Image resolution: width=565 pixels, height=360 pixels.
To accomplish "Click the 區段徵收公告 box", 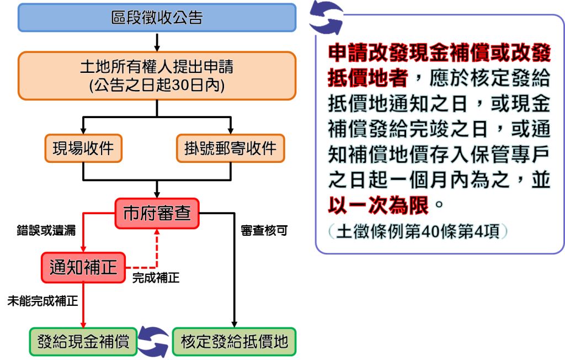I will [x=157, y=18].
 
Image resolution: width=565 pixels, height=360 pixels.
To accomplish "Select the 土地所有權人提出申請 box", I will [x=157, y=76].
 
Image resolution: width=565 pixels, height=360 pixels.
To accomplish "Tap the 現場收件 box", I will [x=83, y=148].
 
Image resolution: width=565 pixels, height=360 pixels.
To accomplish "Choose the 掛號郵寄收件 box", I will [x=231, y=148].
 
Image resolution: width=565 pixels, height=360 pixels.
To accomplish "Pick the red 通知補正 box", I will [x=83, y=268].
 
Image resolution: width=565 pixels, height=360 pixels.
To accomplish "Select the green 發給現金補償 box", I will [x=83, y=342].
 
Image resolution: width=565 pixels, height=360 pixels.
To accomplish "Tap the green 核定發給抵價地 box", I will [x=234, y=342].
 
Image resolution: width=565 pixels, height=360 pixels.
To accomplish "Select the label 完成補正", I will [x=156, y=278].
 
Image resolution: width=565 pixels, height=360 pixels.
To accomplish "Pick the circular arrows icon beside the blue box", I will [x=326, y=18].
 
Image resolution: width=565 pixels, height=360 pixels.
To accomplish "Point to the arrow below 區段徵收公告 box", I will [x=157, y=42].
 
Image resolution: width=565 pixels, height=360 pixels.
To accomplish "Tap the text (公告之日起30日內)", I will [x=157, y=86].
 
